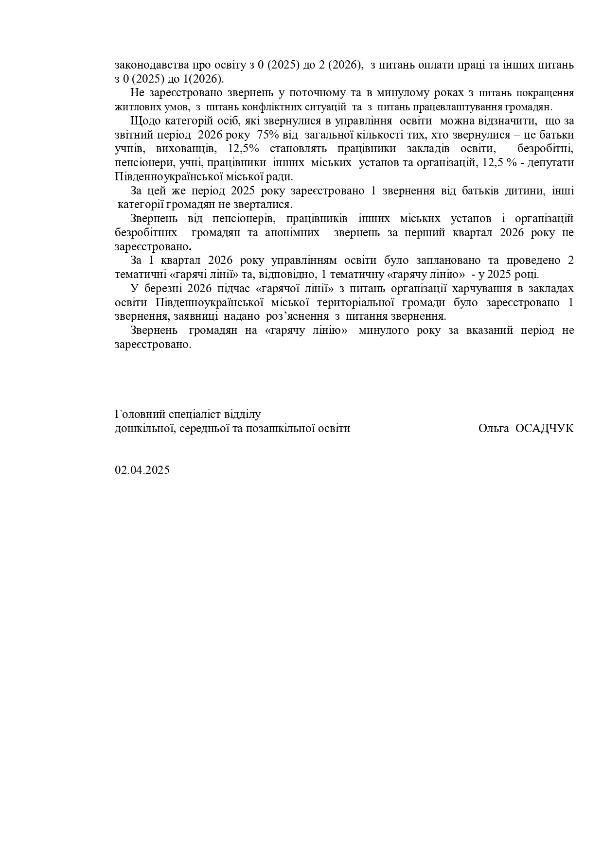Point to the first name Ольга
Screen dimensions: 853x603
[x=493, y=428]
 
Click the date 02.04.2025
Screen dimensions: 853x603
[x=142, y=470]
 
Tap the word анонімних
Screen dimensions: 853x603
[x=292, y=232]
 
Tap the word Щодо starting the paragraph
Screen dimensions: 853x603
[x=142, y=121]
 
